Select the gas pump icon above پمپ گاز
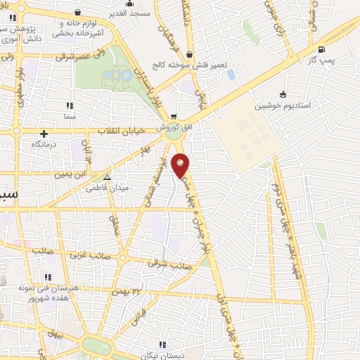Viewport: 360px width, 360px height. (x=321, y=49)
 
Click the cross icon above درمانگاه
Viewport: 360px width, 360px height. (x=44, y=134)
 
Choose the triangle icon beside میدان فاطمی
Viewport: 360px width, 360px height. (x=107, y=177)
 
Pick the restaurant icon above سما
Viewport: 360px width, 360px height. (x=69, y=105)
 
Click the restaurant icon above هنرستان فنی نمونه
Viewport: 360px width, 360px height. (x=47, y=277)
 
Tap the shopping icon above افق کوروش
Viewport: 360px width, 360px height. (x=173, y=117)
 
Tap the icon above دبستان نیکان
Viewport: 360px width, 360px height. (x=162, y=345)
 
